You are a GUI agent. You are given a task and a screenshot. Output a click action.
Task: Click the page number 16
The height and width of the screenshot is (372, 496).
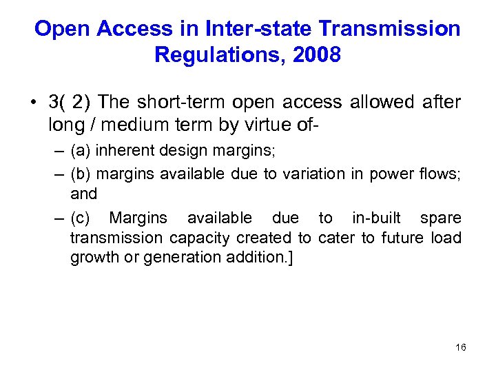click(461, 347)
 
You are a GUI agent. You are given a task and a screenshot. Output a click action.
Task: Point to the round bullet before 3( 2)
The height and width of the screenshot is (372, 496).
click(32, 103)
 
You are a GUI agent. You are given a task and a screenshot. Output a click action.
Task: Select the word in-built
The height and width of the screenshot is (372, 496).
click(377, 218)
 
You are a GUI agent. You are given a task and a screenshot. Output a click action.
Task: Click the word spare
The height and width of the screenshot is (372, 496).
click(441, 218)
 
